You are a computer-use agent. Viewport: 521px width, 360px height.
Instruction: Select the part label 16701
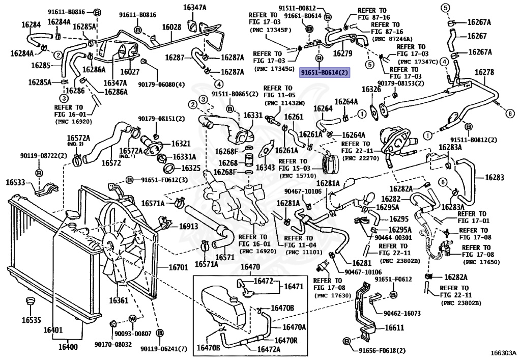pos(178,267)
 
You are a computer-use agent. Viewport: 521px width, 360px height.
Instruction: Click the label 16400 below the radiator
pos(68,347)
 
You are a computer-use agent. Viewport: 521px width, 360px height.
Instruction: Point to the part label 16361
pos(119,300)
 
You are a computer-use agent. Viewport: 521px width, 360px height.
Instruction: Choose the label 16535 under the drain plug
pos(32,320)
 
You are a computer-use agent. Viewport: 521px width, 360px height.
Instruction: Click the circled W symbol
pos(133,319)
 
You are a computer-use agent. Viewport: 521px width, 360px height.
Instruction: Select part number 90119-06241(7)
pos(164,349)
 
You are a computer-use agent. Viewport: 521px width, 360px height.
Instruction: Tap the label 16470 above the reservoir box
pos(250,267)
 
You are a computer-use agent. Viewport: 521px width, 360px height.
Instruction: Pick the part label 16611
pos(394,328)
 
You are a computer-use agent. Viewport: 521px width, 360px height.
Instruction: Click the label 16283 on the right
pos(495,178)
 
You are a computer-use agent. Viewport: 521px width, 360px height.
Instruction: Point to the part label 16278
pos(484,72)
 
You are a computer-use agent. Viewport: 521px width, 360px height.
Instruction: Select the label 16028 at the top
pos(171,27)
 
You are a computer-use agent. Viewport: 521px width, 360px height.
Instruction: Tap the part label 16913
pos(188,227)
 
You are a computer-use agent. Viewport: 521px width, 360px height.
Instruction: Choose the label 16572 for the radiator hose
pos(111,163)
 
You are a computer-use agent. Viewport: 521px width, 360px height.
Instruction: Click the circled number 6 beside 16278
pos(510,114)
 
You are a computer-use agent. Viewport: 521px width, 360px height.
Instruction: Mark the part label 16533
pos(16,182)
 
